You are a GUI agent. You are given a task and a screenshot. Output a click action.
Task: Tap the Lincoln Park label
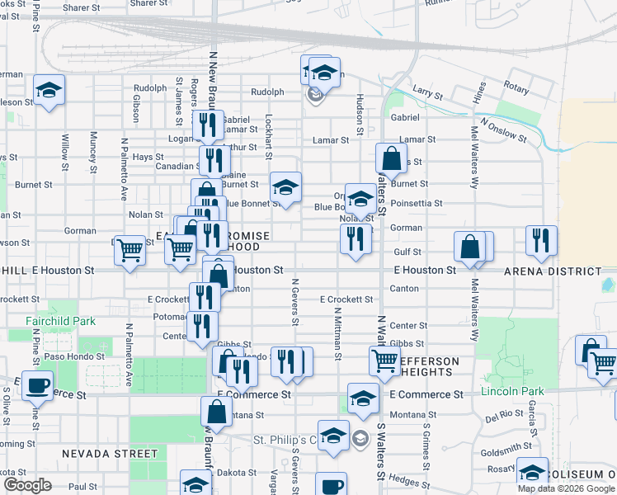[509, 389]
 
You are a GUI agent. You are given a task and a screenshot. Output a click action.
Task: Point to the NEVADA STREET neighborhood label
[109, 453]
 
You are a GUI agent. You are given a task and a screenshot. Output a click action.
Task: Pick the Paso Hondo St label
[76, 356]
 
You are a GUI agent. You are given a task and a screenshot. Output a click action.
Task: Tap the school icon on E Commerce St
[362, 398]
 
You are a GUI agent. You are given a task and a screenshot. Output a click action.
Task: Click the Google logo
[28, 485]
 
